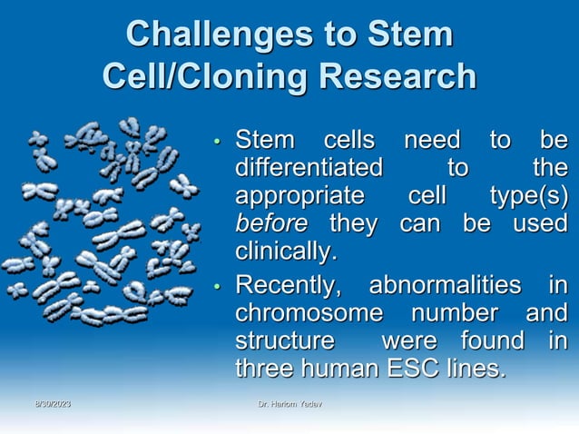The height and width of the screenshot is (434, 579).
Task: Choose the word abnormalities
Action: click(446, 289)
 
